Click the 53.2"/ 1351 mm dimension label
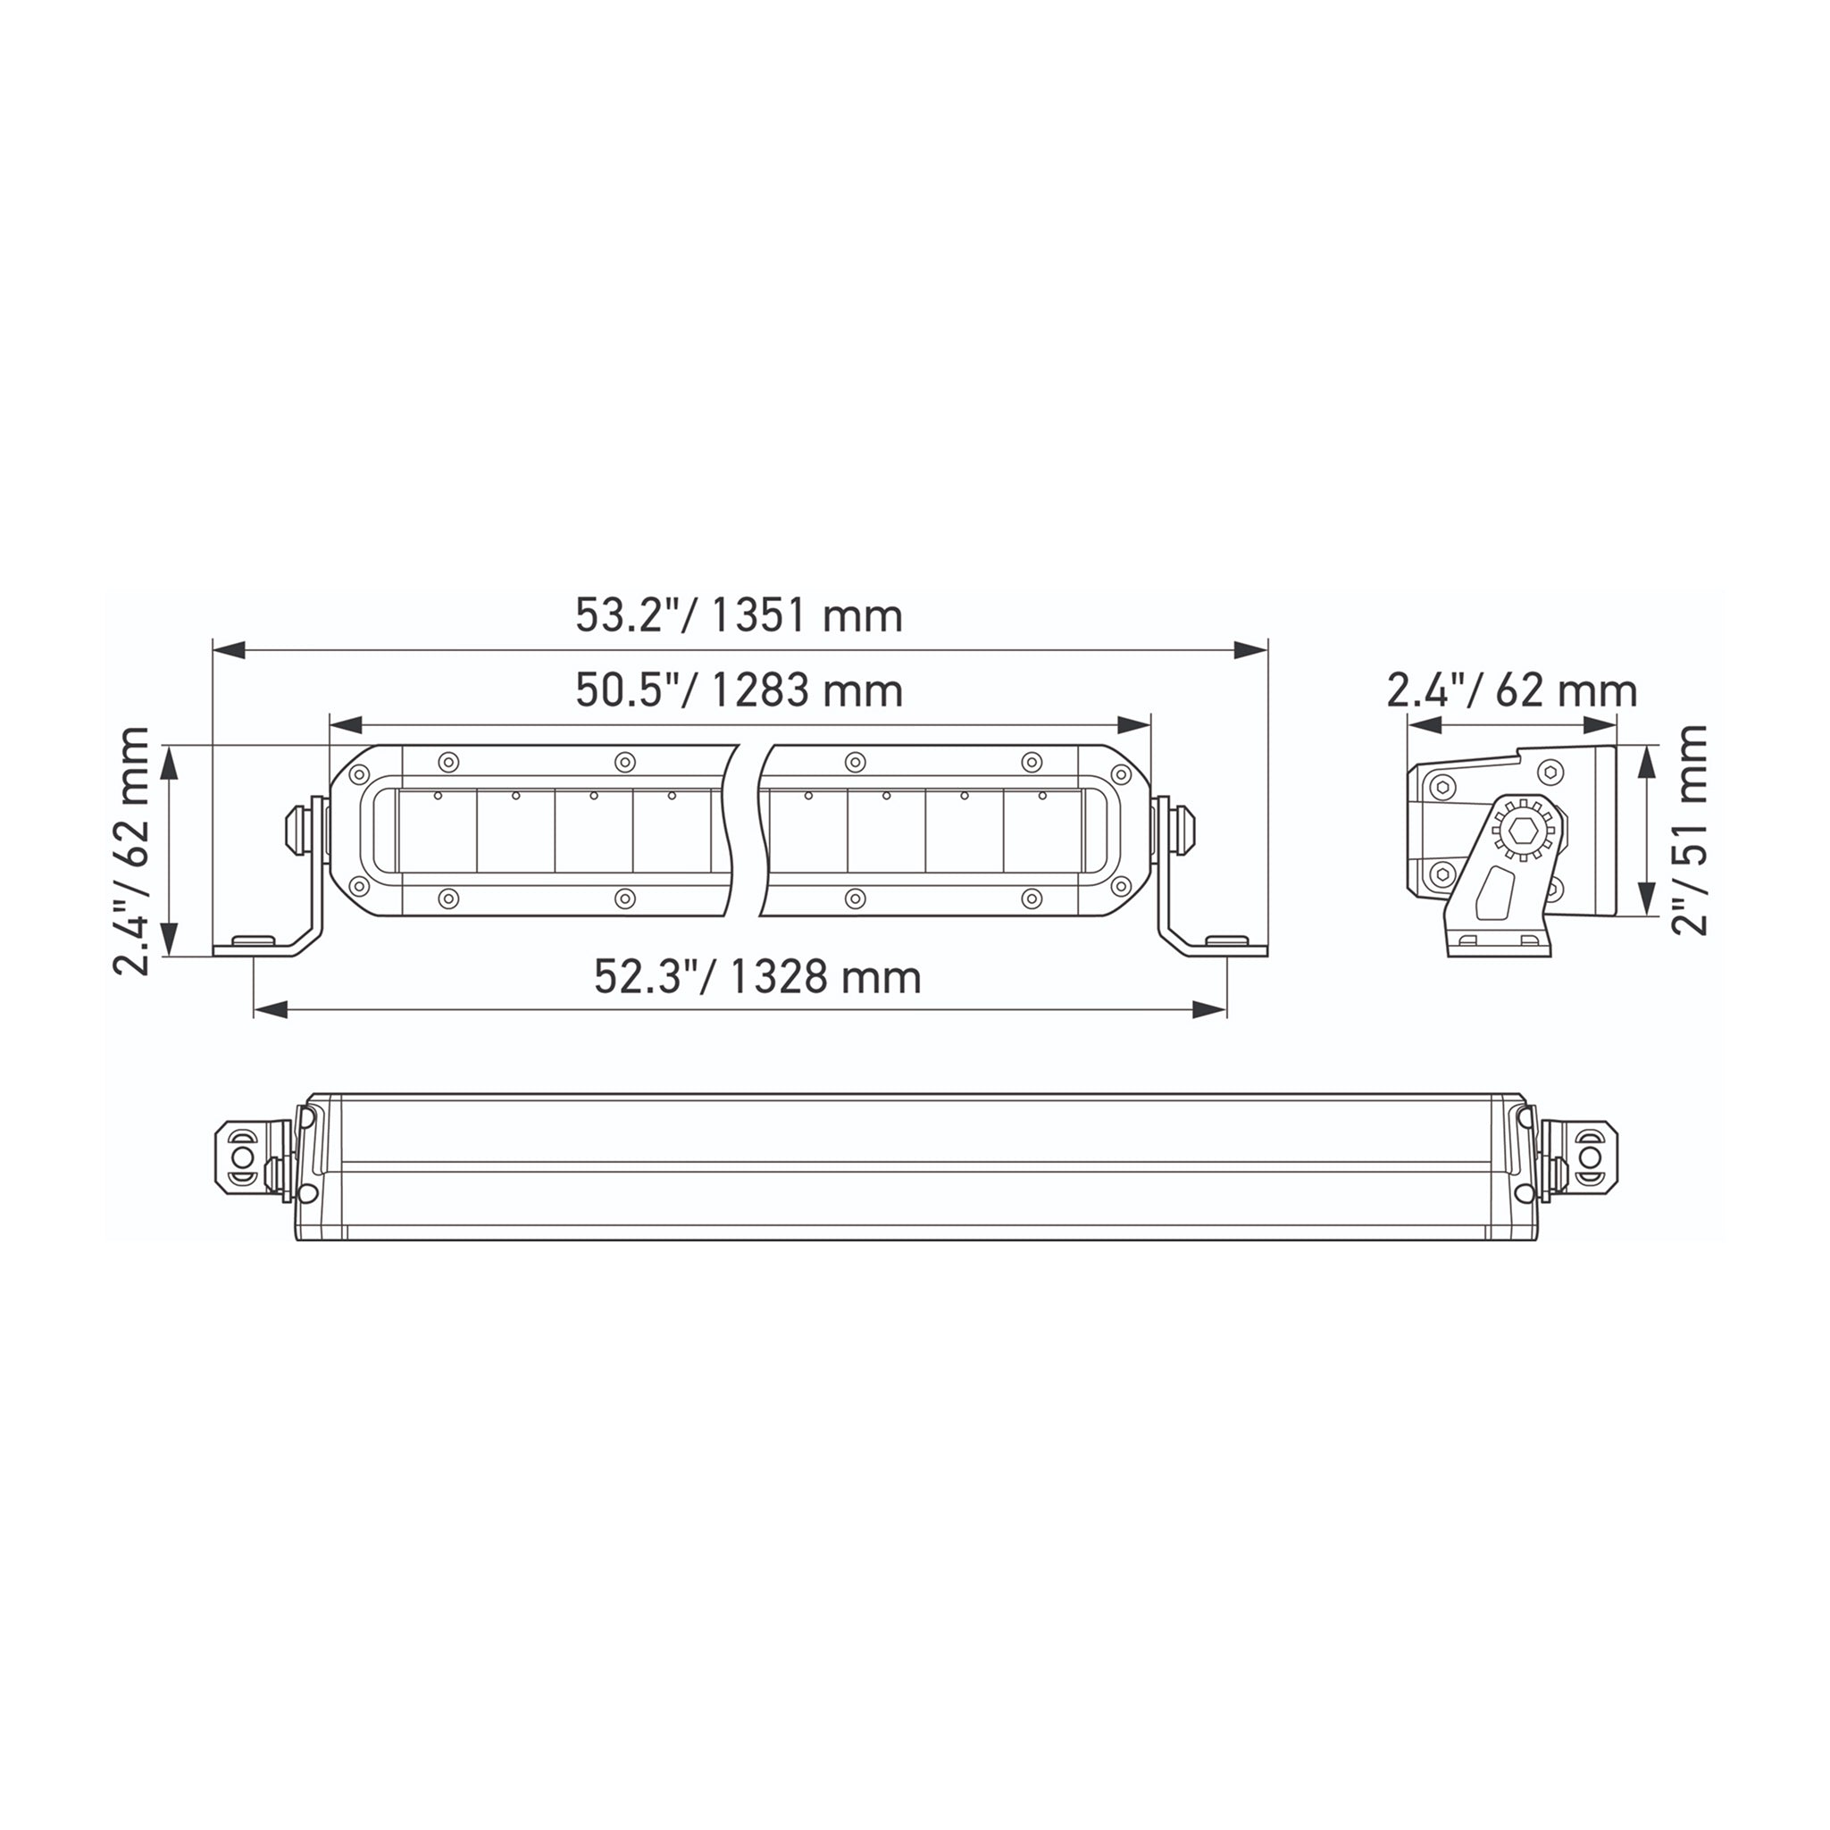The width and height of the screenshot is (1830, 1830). pos(739,616)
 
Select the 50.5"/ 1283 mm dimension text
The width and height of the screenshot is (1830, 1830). pos(739,690)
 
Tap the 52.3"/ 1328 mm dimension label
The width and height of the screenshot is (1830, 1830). pos(757,976)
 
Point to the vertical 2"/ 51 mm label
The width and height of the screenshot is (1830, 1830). pos(1689,831)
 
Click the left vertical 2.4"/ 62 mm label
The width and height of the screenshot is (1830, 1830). pos(131,850)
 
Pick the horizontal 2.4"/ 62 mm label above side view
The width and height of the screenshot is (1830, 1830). pos(1512,690)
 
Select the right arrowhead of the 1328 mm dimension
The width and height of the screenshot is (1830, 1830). pos(1208,1011)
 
